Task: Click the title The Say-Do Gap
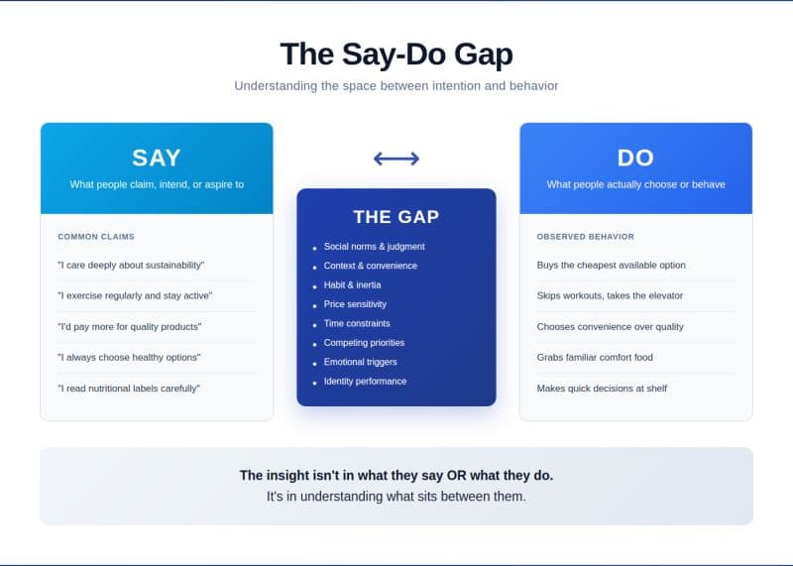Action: tap(396, 54)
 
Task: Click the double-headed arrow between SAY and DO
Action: tap(396, 159)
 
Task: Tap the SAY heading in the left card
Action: tap(157, 158)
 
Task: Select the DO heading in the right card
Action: tap(635, 158)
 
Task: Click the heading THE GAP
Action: tap(396, 217)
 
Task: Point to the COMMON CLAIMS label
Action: tap(96, 237)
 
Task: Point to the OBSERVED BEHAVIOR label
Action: tap(586, 237)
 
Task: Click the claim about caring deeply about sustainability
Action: tap(131, 265)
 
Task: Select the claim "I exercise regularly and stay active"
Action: tap(135, 295)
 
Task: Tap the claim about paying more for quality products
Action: tap(130, 326)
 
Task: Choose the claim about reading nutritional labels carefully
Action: tap(129, 388)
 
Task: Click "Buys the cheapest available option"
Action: tap(611, 265)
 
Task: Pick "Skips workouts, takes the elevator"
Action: tap(610, 295)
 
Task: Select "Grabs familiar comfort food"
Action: tap(595, 357)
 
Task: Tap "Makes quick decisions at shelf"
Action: tap(602, 388)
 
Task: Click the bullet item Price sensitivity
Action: tap(355, 304)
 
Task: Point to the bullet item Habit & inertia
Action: tap(353, 284)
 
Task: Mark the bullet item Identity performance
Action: tap(365, 381)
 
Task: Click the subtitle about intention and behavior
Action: tap(396, 86)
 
